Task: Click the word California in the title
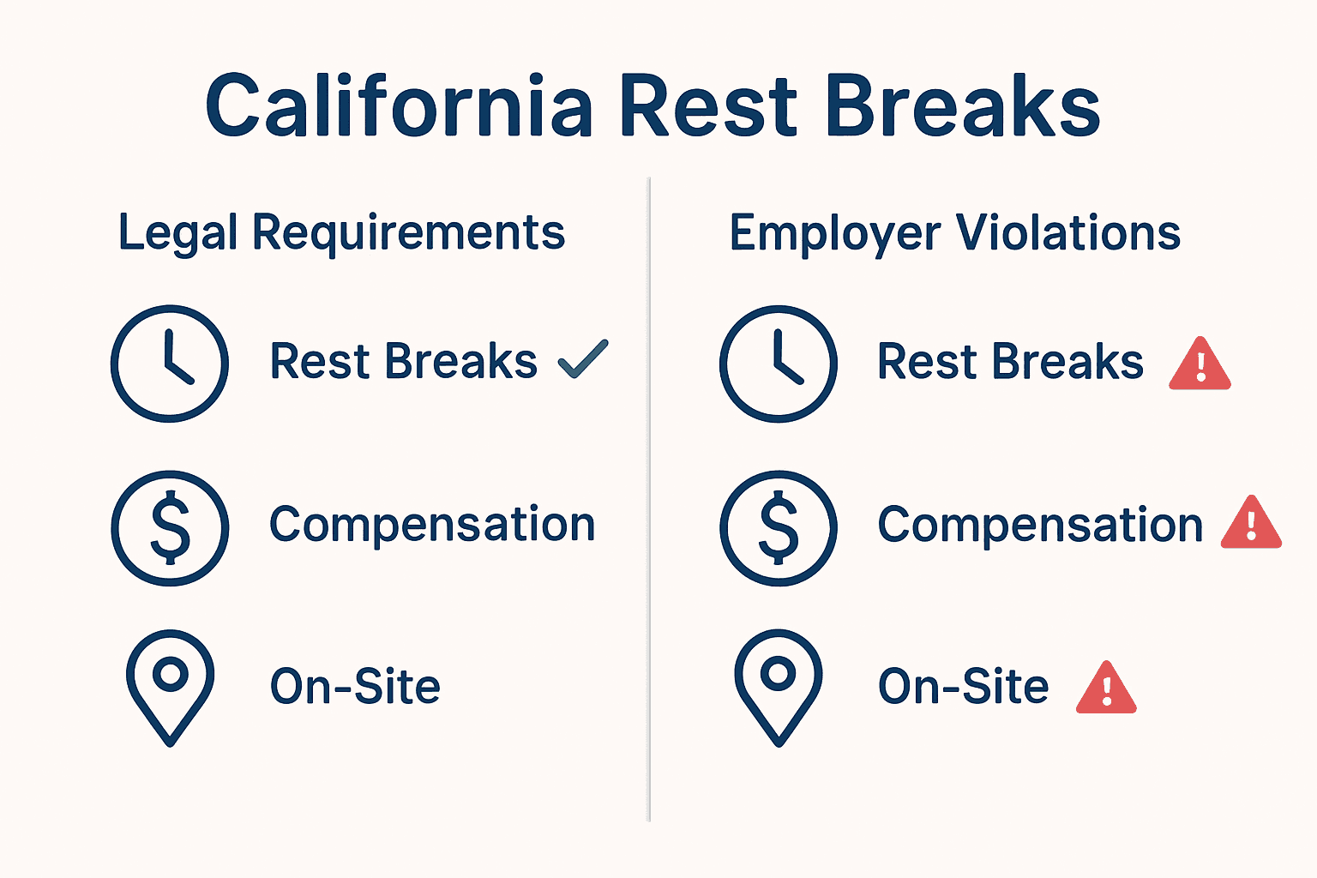[399, 106]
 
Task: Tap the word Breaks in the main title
[962, 106]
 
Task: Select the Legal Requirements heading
[341, 233]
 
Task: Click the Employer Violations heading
[954, 233]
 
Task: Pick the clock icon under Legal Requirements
[170, 364]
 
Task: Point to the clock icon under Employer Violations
[779, 364]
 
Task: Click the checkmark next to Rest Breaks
[583, 359]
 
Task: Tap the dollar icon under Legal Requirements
[171, 527]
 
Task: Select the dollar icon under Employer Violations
[779, 527]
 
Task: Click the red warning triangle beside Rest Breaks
[1200, 365]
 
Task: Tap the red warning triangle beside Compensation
[1251, 524]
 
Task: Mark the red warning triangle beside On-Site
[1106, 689]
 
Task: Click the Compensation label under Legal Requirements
[432, 525]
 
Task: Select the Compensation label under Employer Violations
[1040, 525]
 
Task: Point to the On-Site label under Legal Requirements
[355, 687]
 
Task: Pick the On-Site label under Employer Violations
[963, 687]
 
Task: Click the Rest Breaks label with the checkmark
[403, 361]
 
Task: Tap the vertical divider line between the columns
[649, 497]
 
